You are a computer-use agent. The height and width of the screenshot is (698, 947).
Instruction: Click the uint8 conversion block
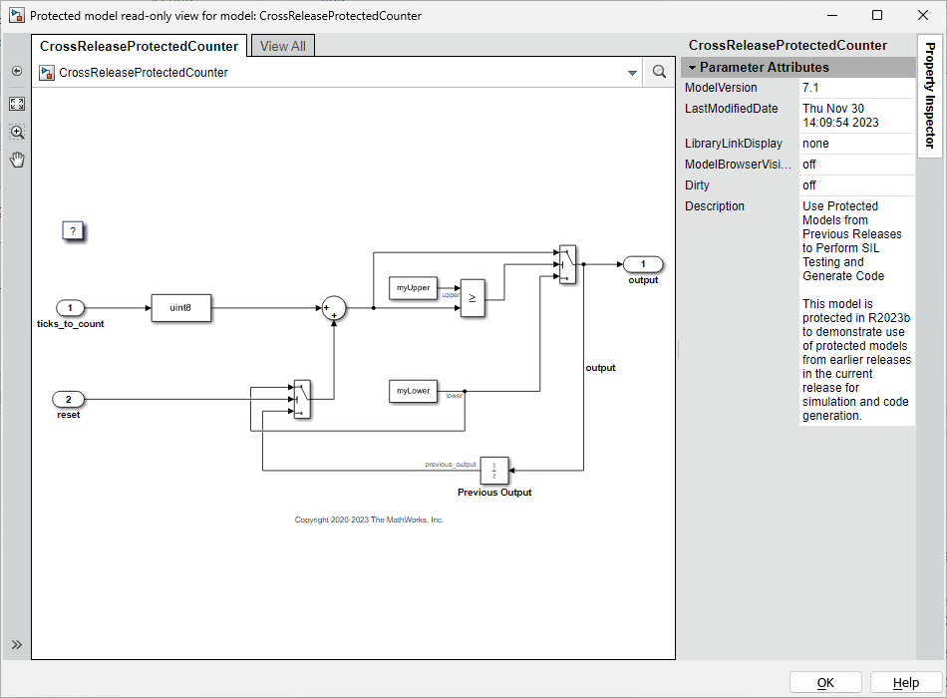click(180, 308)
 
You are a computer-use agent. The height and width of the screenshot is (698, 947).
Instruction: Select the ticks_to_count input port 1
click(70, 308)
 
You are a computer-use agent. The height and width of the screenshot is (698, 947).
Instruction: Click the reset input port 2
click(68, 400)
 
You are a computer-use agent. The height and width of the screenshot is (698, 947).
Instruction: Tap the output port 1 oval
click(643, 264)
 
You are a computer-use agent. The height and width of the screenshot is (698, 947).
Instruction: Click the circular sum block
click(333, 309)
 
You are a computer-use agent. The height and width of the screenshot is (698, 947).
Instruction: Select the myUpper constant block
click(413, 287)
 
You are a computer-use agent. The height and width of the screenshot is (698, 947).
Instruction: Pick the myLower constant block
click(413, 391)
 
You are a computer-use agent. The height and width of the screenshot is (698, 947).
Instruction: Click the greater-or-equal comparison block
click(473, 297)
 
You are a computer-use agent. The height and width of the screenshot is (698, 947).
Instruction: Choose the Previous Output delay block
click(494, 470)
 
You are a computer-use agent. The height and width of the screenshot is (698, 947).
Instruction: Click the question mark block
click(72, 231)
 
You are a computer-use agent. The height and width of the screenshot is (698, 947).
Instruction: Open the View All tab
click(283, 46)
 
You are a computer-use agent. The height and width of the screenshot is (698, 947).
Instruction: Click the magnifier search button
click(659, 72)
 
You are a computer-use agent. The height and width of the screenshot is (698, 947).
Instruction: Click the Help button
click(905, 683)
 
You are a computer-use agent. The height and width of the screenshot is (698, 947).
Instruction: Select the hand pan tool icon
click(17, 160)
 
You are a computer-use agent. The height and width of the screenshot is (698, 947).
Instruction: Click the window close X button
click(923, 15)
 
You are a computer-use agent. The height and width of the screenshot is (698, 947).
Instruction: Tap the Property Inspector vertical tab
click(929, 96)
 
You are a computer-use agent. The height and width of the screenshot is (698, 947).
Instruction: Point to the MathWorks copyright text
click(369, 520)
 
